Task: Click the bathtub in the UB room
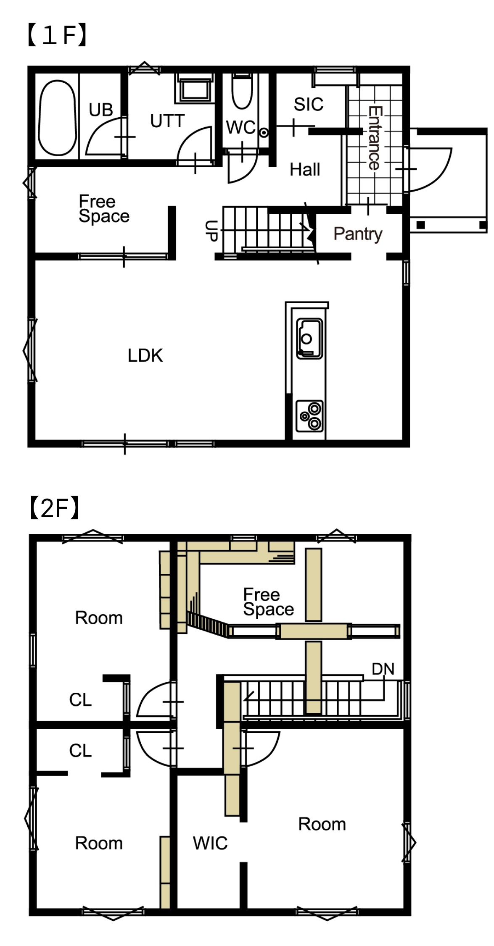(x=57, y=118)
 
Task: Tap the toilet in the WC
(x=242, y=91)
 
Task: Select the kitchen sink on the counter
(x=309, y=339)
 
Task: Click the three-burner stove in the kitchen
(x=310, y=416)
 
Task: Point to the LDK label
(x=145, y=355)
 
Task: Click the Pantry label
(x=358, y=234)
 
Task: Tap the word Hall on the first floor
(x=305, y=169)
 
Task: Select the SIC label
(x=309, y=104)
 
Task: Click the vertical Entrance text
(x=375, y=138)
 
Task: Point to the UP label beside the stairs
(x=211, y=231)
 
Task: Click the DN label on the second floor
(x=383, y=669)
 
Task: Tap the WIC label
(x=210, y=843)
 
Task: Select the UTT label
(x=167, y=121)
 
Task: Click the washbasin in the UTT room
(x=195, y=89)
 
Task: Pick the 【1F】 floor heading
(x=57, y=35)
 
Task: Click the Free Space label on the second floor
(x=269, y=602)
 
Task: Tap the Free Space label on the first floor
(x=104, y=209)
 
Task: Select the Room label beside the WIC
(x=322, y=824)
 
